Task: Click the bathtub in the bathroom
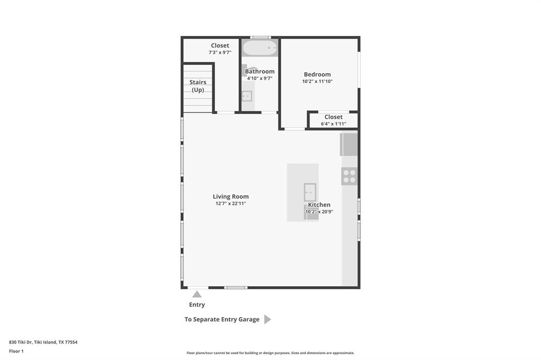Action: click(x=260, y=48)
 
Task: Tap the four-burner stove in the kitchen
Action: click(x=349, y=176)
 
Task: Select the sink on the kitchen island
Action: click(x=310, y=193)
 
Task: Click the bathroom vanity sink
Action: click(x=247, y=96)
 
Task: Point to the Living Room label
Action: click(x=230, y=196)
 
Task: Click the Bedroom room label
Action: click(x=317, y=74)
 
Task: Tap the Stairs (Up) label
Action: click(x=198, y=86)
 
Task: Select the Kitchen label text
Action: click(x=319, y=205)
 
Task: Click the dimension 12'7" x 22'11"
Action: click(x=230, y=203)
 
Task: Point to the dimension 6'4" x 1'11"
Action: click(x=333, y=124)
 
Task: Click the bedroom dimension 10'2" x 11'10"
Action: click(x=317, y=81)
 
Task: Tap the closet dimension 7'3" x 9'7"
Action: click(x=220, y=52)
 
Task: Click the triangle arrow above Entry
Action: click(x=197, y=294)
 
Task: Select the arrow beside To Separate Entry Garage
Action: click(x=267, y=319)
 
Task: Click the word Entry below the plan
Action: click(x=197, y=305)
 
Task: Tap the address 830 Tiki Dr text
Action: click(x=43, y=342)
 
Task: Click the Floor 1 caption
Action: click(x=16, y=351)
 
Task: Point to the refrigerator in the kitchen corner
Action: click(x=349, y=144)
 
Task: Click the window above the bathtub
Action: click(x=260, y=37)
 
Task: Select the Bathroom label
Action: click(x=260, y=71)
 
